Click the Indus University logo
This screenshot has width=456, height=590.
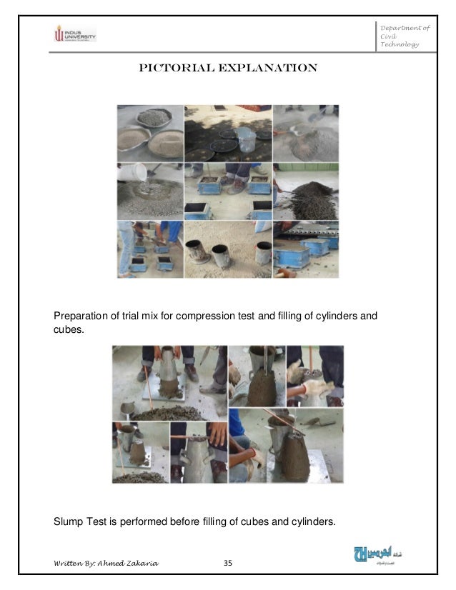tap(75, 34)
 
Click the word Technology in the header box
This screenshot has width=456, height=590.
tap(400, 45)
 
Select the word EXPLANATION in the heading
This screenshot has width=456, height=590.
tap(271, 69)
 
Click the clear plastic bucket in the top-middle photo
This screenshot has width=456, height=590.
tap(246, 139)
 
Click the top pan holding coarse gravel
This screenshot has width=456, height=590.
tap(154, 117)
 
